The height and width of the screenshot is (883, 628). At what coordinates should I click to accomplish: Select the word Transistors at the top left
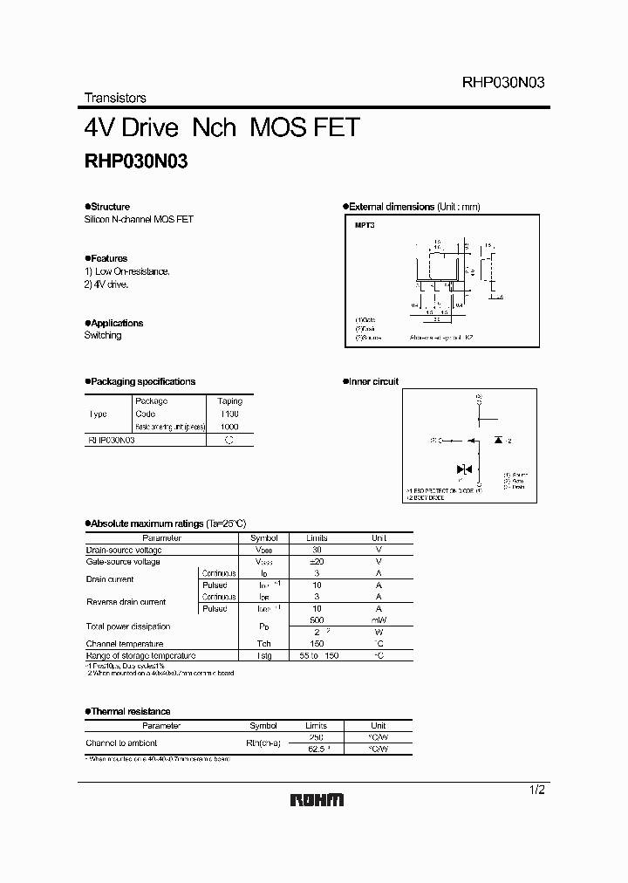point(115,98)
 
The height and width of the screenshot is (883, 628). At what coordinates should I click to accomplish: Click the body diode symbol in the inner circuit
point(498,440)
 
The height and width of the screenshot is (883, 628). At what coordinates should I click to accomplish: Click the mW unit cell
point(379,620)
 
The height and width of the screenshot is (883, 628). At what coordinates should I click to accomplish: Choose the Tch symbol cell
point(263,643)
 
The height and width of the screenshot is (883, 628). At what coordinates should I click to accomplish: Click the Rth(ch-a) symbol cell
point(263,743)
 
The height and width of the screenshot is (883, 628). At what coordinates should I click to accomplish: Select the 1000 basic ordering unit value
point(229,427)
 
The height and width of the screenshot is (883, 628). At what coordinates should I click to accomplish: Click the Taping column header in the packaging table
point(229,400)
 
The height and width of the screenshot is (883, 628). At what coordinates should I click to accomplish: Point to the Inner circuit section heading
point(373,381)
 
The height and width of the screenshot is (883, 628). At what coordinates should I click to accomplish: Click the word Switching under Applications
point(103,335)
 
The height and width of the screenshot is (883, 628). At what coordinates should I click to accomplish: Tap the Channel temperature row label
point(128,643)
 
